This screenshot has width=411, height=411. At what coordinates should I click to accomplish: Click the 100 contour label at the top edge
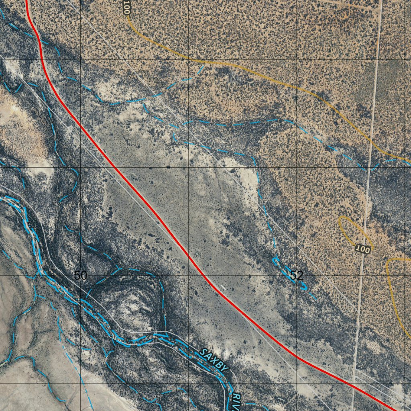(127, 8)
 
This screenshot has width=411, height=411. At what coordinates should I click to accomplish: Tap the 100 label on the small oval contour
(362, 250)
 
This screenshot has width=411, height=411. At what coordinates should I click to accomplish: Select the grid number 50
(80, 275)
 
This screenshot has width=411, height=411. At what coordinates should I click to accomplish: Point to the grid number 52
(296, 275)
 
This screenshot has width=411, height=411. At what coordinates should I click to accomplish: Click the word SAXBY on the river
(214, 360)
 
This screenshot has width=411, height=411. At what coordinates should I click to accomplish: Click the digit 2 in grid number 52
(299, 275)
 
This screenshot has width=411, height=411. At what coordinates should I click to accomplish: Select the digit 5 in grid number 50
(77, 275)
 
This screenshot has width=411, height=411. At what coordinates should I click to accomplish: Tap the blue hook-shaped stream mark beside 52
(277, 262)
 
